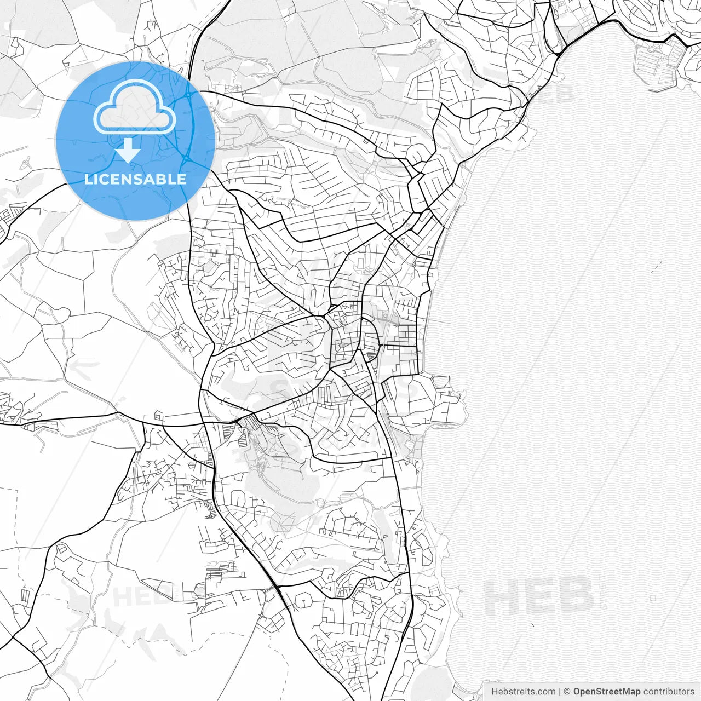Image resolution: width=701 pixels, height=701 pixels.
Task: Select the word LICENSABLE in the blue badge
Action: [x=135, y=179]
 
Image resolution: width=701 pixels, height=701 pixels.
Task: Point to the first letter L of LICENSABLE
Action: [x=88, y=179]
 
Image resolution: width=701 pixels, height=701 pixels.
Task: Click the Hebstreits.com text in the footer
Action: [x=523, y=692]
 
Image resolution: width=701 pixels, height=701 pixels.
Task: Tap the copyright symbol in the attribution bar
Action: [x=567, y=692]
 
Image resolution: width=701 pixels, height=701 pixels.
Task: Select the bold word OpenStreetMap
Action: [x=607, y=692]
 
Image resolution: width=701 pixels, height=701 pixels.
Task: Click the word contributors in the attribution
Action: [x=669, y=692]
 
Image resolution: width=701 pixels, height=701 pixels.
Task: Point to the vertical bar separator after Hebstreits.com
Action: [x=560, y=692]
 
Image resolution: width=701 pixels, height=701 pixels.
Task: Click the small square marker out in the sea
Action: [x=653, y=599]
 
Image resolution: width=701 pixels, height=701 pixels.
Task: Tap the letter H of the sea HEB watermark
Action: [x=501, y=596]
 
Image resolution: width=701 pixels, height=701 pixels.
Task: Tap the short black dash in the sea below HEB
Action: [x=533, y=624]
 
